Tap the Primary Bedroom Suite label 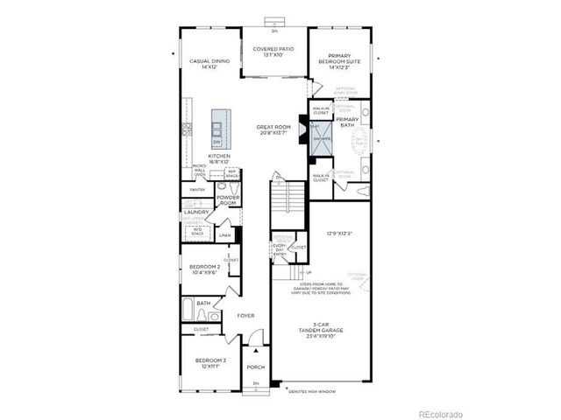coord(339,59)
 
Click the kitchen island coord(218,129)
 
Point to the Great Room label coord(273,130)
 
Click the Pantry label coord(197,189)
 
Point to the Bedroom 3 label coord(209,364)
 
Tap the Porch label coord(256,367)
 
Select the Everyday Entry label coord(281,250)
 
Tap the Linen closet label coord(225,235)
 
